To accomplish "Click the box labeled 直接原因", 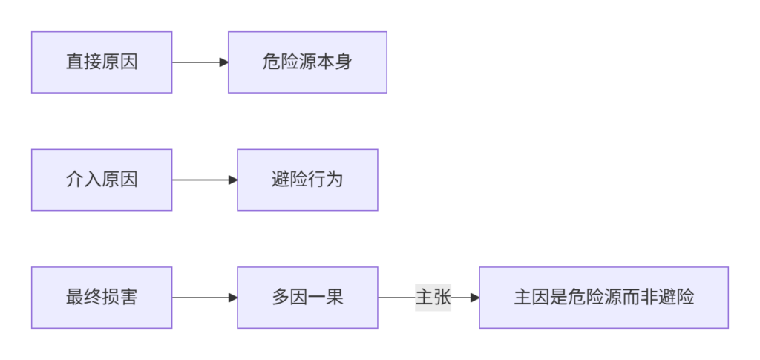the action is [102, 62].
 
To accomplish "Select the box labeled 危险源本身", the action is [307, 62].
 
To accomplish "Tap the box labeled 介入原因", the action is [102, 180].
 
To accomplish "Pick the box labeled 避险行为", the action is [307, 180].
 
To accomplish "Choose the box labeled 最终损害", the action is [102, 298].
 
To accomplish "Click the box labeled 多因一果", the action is [307, 298].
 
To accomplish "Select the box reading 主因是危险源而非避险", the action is [604, 298].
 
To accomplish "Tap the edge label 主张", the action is [433, 298].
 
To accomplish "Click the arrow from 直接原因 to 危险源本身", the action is [200, 62].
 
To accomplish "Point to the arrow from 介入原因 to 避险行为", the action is [205, 180].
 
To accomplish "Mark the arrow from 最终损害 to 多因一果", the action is [205, 298].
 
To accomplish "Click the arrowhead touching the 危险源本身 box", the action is [224, 62].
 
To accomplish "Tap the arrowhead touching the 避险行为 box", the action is [232, 180].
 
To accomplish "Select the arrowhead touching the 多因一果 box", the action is [232, 298].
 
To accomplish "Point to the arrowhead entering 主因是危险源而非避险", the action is [475, 298].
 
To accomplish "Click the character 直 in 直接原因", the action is [75, 62].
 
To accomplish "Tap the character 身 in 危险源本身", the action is [344, 62].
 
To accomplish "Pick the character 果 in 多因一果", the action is [335, 298].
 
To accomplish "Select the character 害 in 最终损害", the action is [129, 298].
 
